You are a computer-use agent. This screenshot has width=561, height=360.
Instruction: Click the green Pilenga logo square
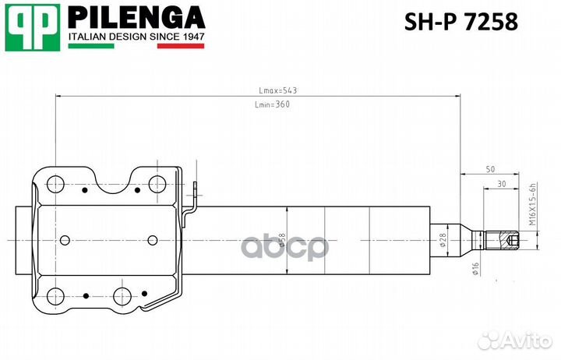(33, 27)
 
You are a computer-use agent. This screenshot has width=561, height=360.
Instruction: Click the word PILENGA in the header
(136, 18)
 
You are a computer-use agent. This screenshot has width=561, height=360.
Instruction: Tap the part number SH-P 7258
(460, 22)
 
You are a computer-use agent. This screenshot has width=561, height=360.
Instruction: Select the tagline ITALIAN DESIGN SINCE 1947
(136, 37)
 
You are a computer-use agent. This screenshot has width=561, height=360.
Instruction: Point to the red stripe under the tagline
(181, 46)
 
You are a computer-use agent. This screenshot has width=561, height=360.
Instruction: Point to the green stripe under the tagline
(91, 46)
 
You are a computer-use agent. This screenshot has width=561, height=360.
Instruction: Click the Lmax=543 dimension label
(277, 90)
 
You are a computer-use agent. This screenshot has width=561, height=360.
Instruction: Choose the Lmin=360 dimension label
(272, 104)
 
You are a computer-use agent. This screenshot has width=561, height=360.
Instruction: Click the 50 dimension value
(491, 169)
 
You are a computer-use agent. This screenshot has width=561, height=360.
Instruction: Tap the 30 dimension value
(502, 184)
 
